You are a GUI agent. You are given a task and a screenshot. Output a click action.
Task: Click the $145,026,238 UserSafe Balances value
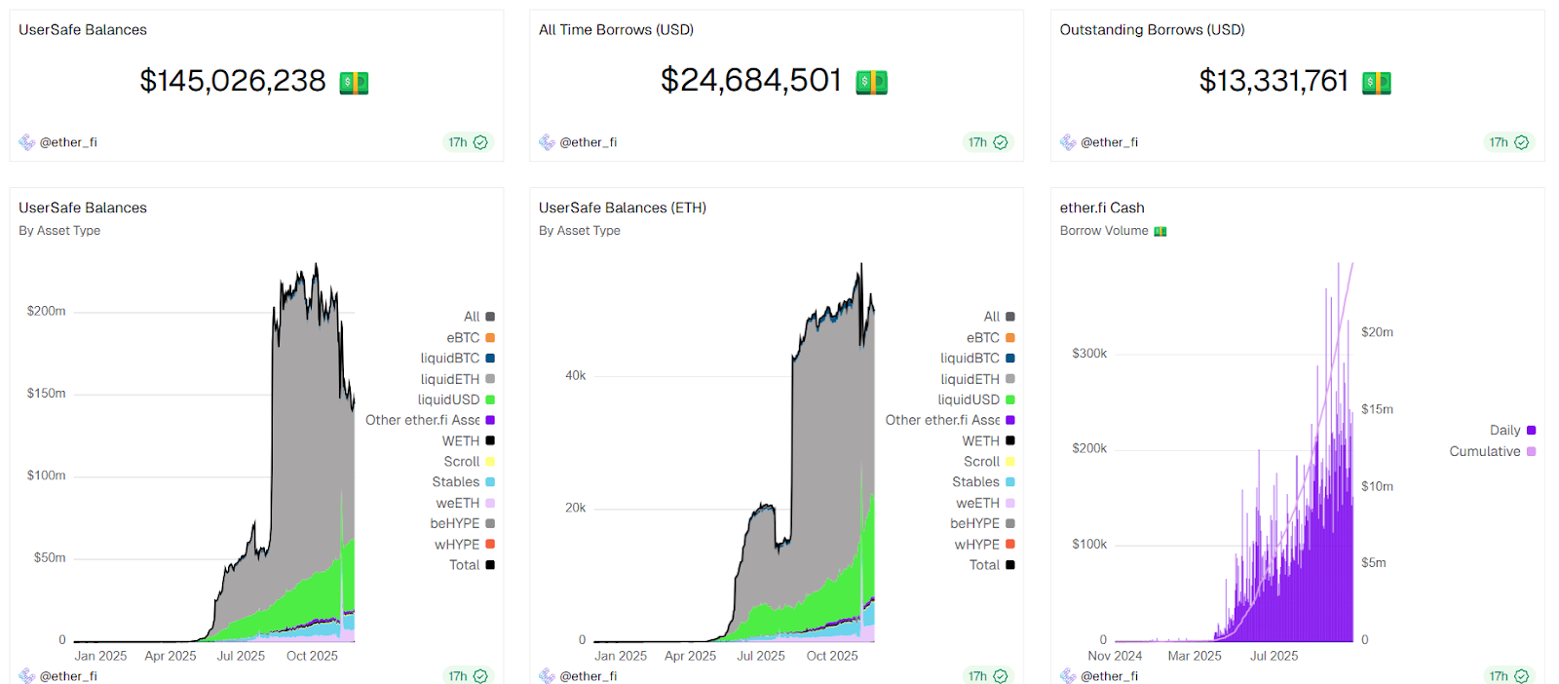[233, 81]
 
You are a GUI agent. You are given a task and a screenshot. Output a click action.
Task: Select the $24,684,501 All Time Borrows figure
[750, 81]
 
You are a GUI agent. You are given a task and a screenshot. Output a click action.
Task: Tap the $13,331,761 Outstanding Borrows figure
[1273, 81]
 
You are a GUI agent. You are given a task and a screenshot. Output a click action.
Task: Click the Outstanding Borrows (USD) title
[1152, 30]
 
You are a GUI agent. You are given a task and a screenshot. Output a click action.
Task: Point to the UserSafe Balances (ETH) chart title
[622, 208]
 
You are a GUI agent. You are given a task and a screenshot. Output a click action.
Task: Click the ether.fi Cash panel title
[1101, 208]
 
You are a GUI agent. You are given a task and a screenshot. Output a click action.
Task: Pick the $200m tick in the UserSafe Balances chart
[47, 311]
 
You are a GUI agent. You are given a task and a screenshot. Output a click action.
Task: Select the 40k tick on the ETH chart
[575, 375]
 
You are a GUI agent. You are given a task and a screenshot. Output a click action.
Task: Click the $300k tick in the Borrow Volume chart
[1088, 354]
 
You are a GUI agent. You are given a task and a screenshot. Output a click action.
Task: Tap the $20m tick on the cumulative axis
[1376, 332]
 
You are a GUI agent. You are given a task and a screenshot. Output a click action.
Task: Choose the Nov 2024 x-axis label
[1114, 656]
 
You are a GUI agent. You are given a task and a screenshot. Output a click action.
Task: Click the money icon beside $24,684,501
[871, 83]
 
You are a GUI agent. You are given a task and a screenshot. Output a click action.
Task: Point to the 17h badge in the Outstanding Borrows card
[1507, 142]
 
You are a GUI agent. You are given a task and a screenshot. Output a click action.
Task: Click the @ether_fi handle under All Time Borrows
[588, 142]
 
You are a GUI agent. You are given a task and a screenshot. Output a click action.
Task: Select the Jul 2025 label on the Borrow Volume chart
[1274, 656]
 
